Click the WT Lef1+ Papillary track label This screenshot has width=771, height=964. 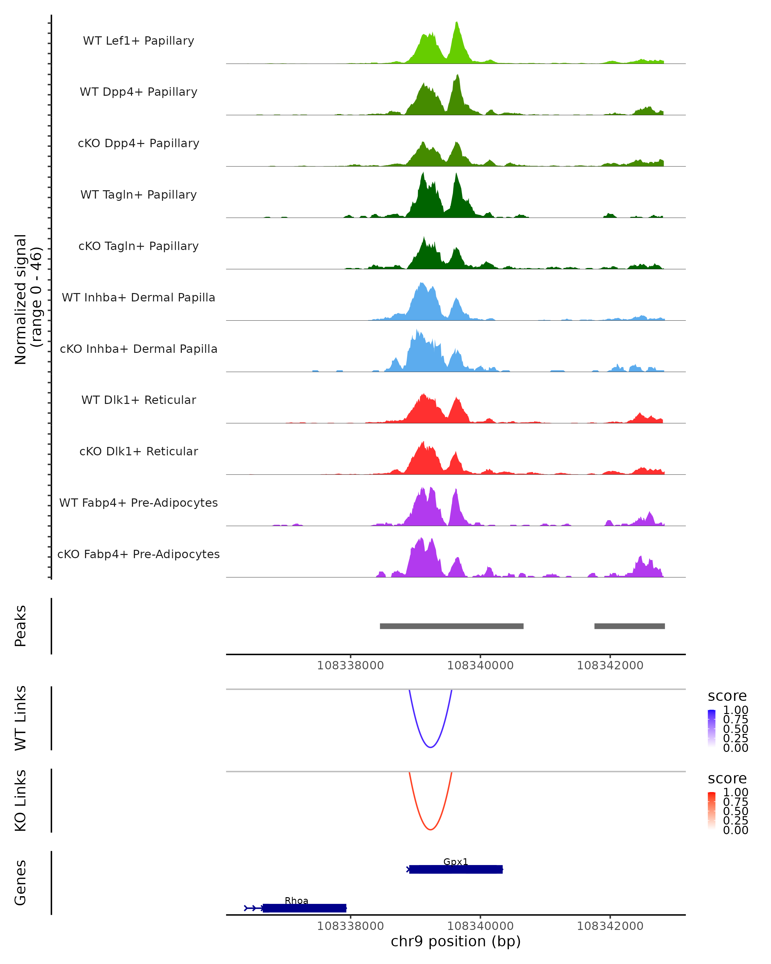pos(138,41)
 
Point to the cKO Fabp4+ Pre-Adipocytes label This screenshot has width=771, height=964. pos(138,554)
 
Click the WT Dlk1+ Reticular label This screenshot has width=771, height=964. pos(138,400)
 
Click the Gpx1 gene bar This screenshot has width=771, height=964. pos(456,869)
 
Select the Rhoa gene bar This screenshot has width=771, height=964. pos(304,908)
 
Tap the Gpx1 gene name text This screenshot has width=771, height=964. pos(456,861)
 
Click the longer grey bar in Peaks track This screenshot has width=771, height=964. pos(451,626)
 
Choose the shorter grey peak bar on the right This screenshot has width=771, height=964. pos(629,626)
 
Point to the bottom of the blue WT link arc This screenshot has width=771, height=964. pos(430,747)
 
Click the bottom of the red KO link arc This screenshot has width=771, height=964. pos(430,829)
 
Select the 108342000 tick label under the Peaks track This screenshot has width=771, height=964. pos(610,665)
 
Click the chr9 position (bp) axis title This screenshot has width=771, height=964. pos(456,942)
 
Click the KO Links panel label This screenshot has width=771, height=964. pos(21,800)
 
